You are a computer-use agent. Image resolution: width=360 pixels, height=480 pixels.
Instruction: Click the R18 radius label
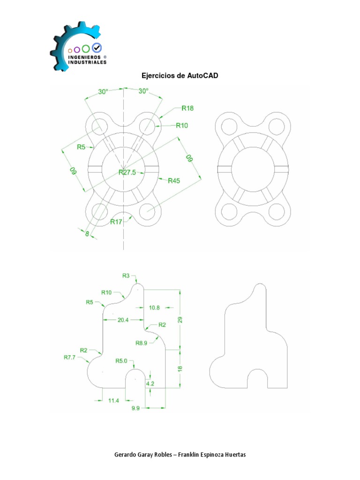tap(187, 108)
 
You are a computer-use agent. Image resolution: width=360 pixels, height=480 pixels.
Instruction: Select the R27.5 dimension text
tap(127, 172)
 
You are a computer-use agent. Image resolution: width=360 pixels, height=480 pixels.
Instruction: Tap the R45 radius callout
tap(174, 181)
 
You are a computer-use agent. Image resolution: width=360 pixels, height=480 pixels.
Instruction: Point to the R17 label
tap(116, 222)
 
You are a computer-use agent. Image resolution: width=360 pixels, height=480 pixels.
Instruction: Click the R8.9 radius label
tap(142, 343)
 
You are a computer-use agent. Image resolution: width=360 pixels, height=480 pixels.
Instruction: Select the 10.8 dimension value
tap(155, 308)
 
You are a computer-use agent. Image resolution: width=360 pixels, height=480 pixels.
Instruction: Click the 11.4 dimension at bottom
tap(114, 400)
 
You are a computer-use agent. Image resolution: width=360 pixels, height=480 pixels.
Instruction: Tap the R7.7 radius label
tap(70, 357)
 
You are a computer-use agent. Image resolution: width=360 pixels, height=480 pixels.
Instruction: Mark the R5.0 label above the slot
tap(121, 360)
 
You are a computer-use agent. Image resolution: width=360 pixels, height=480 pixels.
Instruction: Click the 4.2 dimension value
tap(150, 383)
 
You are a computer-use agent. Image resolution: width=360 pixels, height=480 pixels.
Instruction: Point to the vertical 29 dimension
tap(180, 320)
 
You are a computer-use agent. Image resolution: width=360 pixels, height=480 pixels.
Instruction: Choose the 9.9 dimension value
tap(136, 408)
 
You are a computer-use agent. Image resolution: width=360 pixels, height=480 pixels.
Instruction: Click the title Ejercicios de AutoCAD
tap(180, 75)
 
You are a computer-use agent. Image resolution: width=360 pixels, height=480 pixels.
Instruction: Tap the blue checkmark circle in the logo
tap(97, 47)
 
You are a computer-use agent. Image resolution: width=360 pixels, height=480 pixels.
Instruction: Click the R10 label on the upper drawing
tap(181, 125)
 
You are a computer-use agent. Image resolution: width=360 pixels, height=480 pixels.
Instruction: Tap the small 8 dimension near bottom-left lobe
tap(87, 232)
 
